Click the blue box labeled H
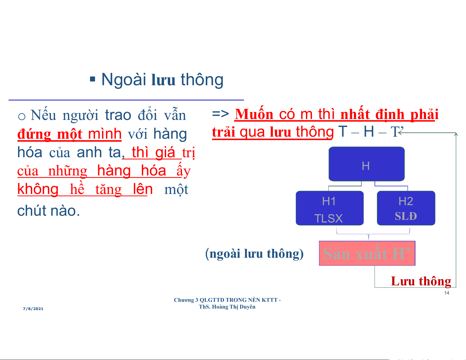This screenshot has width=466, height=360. click(367, 164)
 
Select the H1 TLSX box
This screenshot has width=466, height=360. click(330, 208)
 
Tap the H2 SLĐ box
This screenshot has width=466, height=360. click(406, 208)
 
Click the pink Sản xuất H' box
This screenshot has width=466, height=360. click(367, 253)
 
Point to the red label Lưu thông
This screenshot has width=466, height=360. click(421, 281)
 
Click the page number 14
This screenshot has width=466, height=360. click(447, 293)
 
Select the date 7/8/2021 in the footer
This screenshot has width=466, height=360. click(33, 309)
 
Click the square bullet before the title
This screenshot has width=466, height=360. click(92, 79)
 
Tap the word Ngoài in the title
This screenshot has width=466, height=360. click(124, 80)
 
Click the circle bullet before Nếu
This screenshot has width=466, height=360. click(22, 117)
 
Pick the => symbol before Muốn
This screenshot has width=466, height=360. click(221, 114)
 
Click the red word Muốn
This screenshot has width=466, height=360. click(254, 114)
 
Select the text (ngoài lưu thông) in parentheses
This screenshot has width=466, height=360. click(254, 254)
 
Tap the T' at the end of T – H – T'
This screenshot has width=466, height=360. click(397, 131)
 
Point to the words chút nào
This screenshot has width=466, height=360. click(49, 211)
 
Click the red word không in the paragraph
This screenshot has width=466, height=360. click(38, 189)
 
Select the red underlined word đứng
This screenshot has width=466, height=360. click(34, 134)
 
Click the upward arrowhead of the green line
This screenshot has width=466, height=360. click(456, 134)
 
